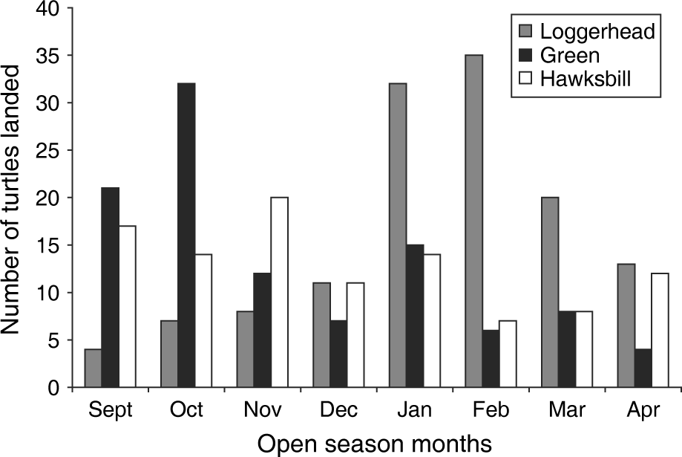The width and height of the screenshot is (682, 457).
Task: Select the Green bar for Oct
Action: pyautogui.click(x=186, y=235)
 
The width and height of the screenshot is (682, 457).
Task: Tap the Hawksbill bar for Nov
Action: pyautogui.click(x=279, y=292)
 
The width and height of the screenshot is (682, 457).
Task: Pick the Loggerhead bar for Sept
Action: pyautogui.click(x=94, y=368)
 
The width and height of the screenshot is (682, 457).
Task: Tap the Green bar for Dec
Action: pyautogui.click(x=337, y=354)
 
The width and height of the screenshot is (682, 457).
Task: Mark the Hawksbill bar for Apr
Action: pyautogui.click(x=659, y=330)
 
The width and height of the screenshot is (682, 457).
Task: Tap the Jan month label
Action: pyautogui.click(x=412, y=410)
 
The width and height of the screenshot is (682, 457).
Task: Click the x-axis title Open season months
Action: pyautogui.click(x=375, y=444)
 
